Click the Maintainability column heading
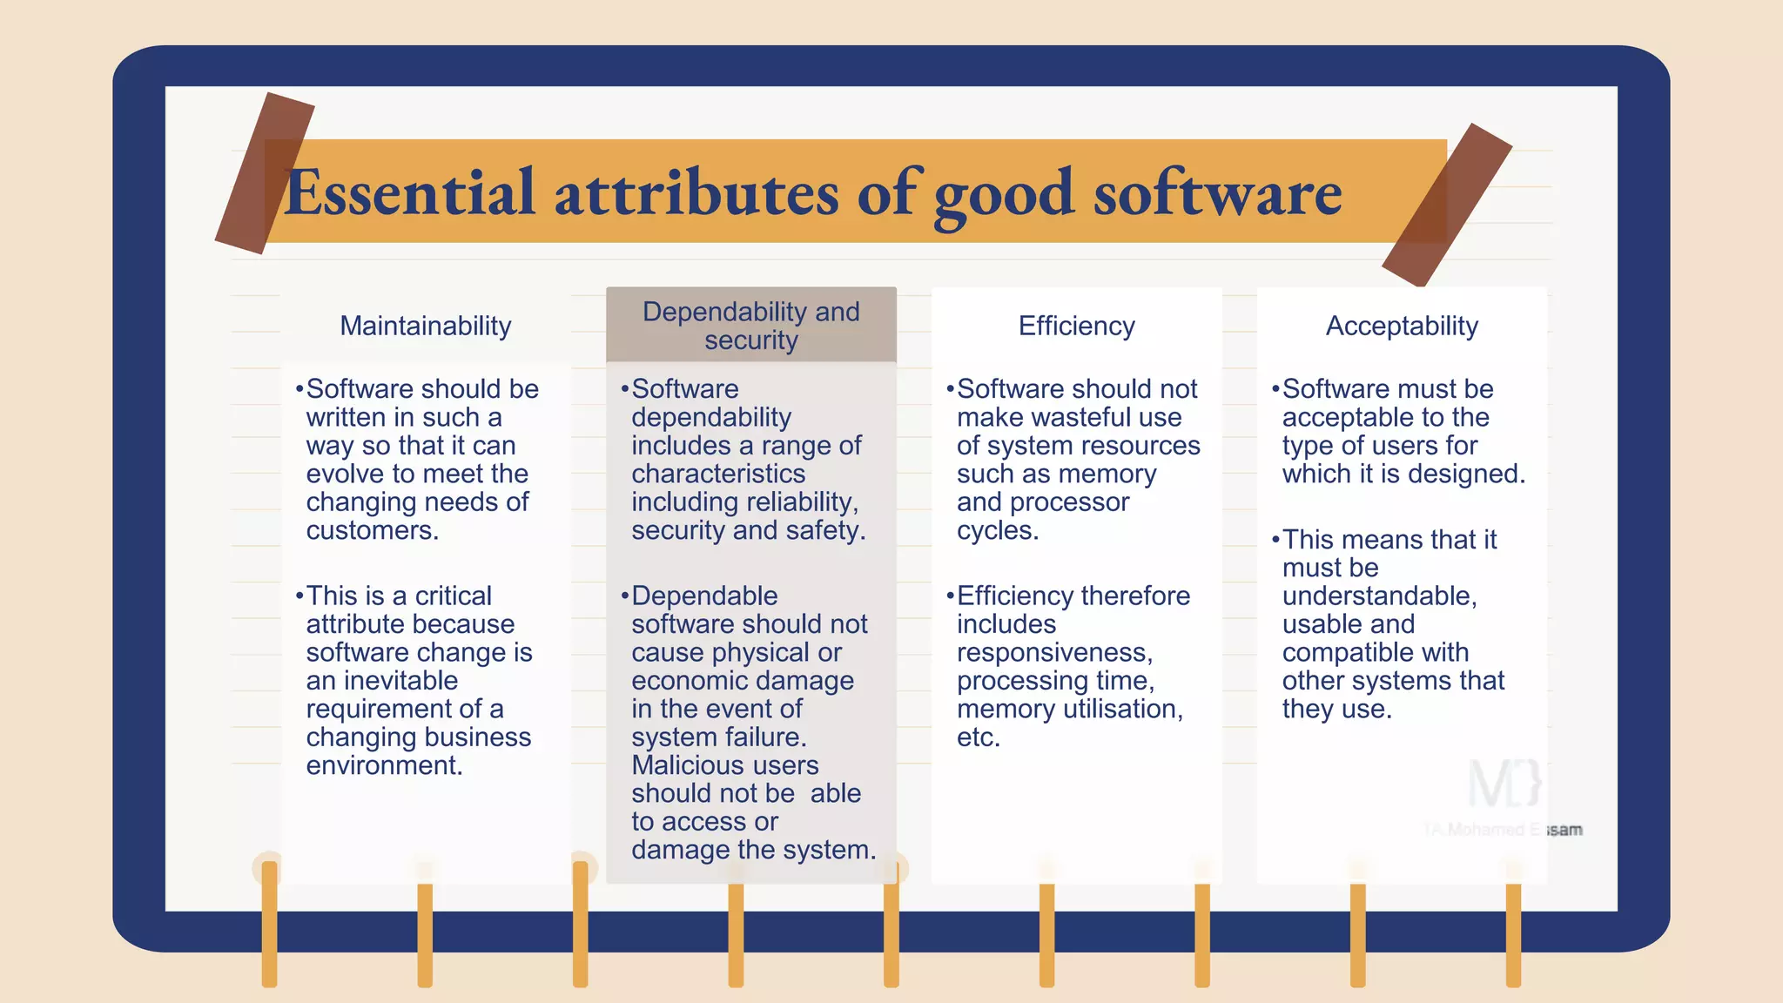point(425,326)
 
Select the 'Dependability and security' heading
point(750,326)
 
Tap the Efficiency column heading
point(1076,326)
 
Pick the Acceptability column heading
point(1402,326)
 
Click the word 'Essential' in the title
point(409,192)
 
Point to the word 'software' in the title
point(1217,192)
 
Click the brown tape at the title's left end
point(265,173)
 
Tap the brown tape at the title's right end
point(1447,205)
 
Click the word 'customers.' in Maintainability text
point(372,530)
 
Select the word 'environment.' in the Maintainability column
point(384,765)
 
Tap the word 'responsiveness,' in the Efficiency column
point(1054,652)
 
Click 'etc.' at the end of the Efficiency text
point(978,737)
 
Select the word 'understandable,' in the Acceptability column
point(1379,596)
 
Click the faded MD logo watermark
point(1504,783)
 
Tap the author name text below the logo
point(1503,830)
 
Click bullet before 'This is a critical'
point(299,596)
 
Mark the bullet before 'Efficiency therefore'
point(950,596)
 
